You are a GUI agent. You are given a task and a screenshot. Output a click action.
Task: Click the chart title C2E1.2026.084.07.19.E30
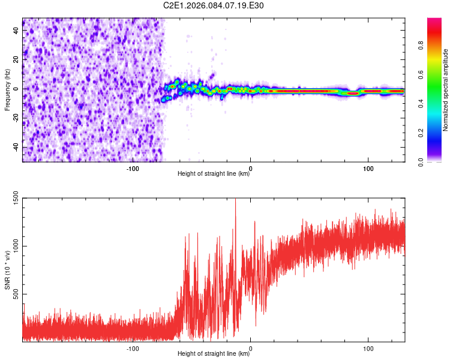[214, 5]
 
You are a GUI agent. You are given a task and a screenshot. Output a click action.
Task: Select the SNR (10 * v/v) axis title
[7, 270]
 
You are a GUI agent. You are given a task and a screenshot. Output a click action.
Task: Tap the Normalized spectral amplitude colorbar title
[445, 90]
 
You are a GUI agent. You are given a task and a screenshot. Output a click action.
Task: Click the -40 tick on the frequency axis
[16, 147]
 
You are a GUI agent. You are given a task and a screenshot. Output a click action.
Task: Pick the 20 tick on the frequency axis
[17, 59]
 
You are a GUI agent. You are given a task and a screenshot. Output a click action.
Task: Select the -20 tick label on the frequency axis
[16, 118]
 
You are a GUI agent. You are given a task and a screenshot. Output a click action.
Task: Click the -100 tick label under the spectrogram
[133, 168]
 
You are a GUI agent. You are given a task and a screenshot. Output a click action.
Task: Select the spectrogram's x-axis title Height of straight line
[214, 175]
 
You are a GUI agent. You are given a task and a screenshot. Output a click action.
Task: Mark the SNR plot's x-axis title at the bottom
[214, 355]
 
